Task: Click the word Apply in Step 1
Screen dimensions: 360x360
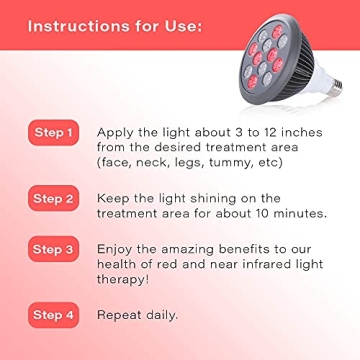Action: pos(116,132)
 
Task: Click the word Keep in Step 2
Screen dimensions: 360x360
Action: pos(114,198)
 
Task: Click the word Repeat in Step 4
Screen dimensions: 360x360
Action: pos(121,315)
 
